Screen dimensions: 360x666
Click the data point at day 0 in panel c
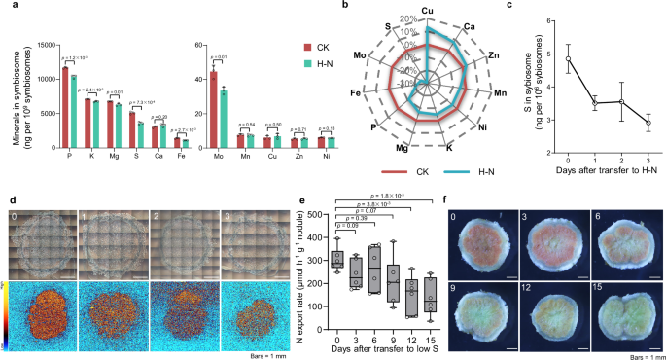point(568,58)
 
